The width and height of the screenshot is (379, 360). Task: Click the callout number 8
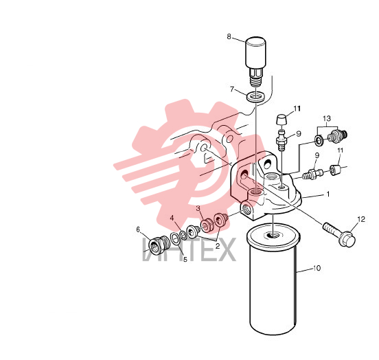(x=229, y=36)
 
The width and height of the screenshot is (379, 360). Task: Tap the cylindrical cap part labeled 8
(x=255, y=61)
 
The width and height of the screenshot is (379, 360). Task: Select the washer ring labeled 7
(x=256, y=97)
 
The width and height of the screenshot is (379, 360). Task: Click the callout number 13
(x=327, y=119)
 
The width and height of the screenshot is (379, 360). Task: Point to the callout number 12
(x=361, y=219)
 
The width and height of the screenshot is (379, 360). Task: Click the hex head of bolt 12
(x=347, y=239)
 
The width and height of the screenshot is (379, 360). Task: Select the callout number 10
(x=317, y=268)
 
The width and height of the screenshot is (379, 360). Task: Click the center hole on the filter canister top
(x=273, y=235)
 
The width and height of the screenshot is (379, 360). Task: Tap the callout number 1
(x=328, y=194)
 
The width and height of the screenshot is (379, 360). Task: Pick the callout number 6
(x=138, y=229)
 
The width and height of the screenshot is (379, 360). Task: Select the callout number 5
(x=185, y=260)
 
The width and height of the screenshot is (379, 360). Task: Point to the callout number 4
(x=172, y=218)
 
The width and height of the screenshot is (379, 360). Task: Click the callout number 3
(x=198, y=208)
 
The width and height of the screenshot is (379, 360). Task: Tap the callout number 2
(x=218, y=246)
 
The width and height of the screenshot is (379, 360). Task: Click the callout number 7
(x=232, y=89)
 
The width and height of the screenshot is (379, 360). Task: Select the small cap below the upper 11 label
(x=281, y=120)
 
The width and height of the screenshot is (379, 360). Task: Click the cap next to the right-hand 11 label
(x=334, y=170)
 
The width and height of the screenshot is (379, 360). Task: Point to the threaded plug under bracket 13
(x=337, y=136)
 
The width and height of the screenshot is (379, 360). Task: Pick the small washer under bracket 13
(x=319, y=141)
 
